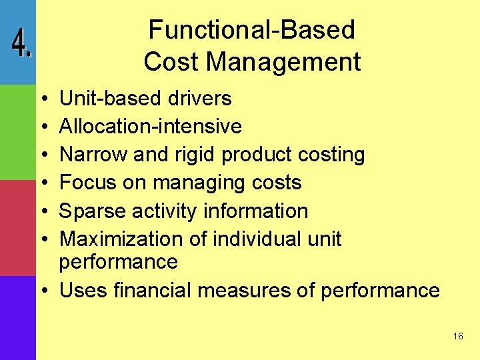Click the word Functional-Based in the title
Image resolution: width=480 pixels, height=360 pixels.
coord(251,30)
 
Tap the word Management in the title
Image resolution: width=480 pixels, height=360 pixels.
coord(283,62)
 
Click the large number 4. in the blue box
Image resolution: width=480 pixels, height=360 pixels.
coord(21,44)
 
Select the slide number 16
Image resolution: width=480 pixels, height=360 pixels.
coord(457,337)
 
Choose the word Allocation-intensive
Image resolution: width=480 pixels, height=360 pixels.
coord(151,127)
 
